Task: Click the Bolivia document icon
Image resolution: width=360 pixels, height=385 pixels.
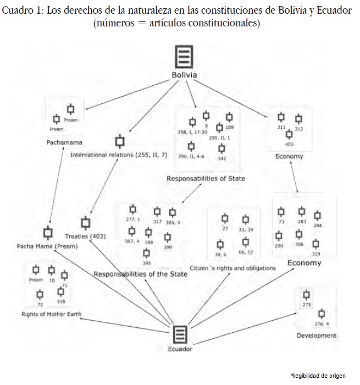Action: coord(184,57)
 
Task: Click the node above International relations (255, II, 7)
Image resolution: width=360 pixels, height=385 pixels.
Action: coord(119,141)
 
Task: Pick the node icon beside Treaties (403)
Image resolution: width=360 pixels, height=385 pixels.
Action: coord(85,223)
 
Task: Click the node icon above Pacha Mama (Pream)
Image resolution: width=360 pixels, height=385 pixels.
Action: coord(47,233)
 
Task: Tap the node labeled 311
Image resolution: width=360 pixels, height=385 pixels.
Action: coord(281,117)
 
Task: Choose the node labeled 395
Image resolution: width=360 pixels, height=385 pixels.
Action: coord(147,253)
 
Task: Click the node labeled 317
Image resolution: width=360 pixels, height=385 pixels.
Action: coord(157,211)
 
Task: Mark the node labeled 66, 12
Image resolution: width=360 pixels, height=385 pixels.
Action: coord(246,242)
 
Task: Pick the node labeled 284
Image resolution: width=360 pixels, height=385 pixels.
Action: coord(317,215)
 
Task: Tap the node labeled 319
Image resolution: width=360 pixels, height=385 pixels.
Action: coord(315,243)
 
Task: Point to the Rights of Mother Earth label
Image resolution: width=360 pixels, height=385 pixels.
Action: coord(51,314)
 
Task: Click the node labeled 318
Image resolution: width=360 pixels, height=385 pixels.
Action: coord(60,293)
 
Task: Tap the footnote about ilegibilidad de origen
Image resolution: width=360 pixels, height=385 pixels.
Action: coord(318,375)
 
